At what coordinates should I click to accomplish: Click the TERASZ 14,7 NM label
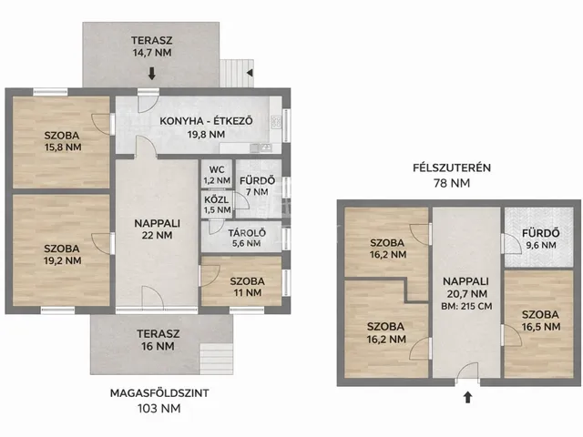(x=152, y=46)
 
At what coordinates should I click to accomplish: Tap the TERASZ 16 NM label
(x=158, y=340)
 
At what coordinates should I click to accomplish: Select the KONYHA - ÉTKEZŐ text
(x=207, y=121)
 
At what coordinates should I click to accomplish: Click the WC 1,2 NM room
(x=217, y=174)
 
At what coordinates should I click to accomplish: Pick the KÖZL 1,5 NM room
(x=217, y=204)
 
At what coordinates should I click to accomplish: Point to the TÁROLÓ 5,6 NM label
(x=247, y=239)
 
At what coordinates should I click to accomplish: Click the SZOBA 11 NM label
(x=248, y=287)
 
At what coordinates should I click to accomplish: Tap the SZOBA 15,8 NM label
(x=63, y=141)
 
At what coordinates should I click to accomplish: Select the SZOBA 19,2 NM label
(x=63, y=255)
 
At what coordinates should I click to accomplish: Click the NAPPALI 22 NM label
(x=157, y=229)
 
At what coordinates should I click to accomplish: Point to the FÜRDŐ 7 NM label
(x=257, y=186)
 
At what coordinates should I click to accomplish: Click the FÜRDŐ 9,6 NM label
(x=541, y=239)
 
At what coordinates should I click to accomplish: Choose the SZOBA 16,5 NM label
(x=540, y=320)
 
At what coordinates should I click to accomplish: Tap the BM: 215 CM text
(x=466, y=307)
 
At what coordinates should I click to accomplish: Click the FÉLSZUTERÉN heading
(x=452, y=168)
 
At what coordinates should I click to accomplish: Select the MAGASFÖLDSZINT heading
(x=159, y=393)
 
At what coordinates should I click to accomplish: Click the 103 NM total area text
(x=159, y=409)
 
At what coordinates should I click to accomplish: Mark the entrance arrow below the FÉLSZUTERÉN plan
(x=467, y=397)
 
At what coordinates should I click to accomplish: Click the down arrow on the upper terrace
(x=152, y=73)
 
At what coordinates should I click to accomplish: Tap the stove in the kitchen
(x=276, y=122)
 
